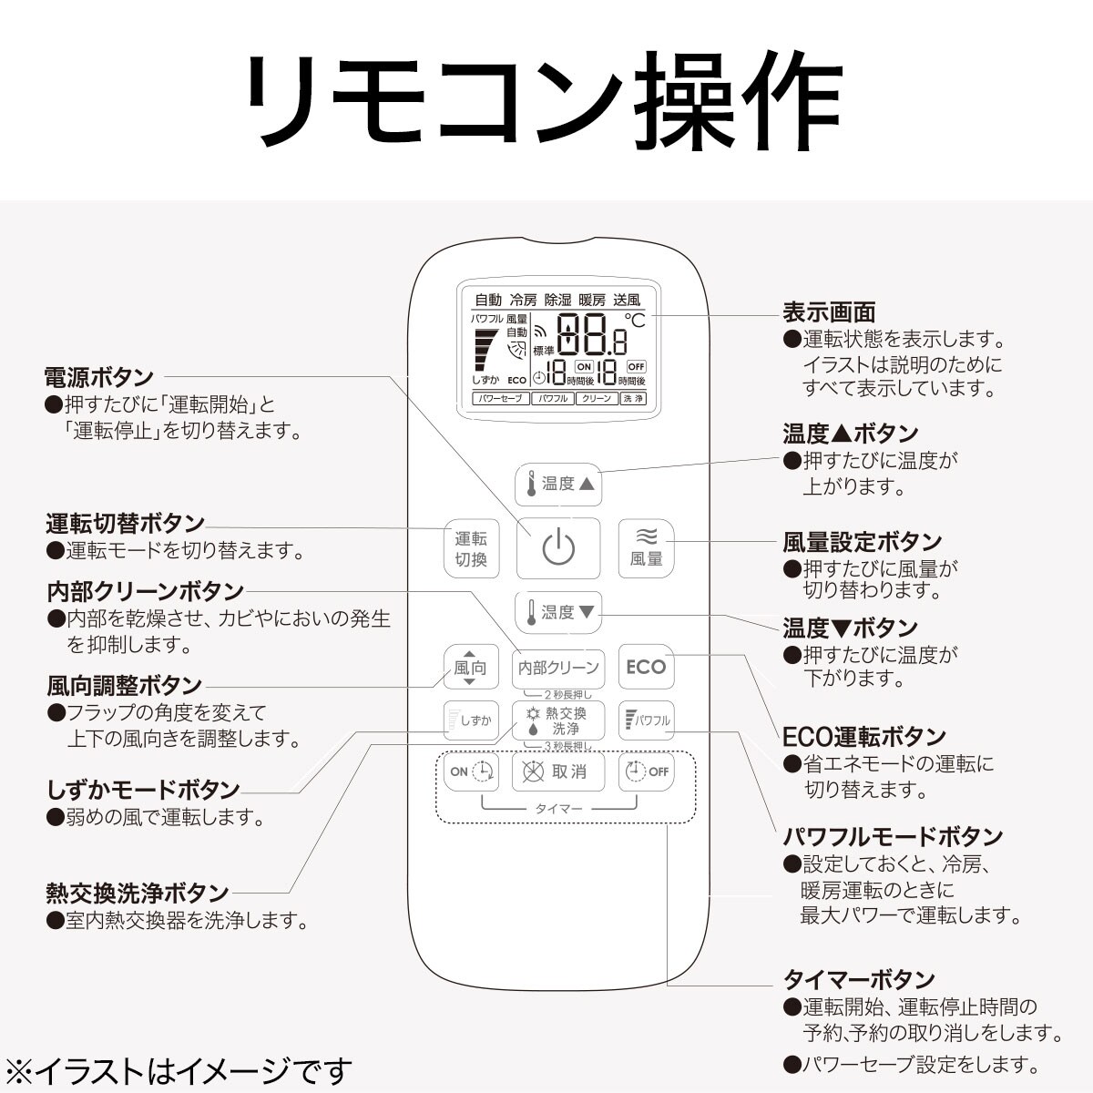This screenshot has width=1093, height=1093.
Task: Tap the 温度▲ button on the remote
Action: (558, 484)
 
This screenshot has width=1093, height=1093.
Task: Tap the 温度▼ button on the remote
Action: (558, 612)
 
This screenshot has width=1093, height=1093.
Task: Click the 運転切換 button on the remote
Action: (471, 548)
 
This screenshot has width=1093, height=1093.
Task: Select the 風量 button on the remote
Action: (646, 548)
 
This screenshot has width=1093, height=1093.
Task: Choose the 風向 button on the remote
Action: (471, 667)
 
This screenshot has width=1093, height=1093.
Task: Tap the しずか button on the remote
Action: (471, 720)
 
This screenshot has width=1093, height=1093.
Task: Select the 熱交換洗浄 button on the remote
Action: (558, 720)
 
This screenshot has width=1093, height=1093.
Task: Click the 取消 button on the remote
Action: (558, 771)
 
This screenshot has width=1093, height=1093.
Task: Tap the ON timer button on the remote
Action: (471, 771)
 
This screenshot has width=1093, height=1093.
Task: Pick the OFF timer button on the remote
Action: (646, 771)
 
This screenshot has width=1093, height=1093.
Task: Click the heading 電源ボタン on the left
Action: (99, 376)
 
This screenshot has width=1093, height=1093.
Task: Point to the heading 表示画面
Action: (829, 312)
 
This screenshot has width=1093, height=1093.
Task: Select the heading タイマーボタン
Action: (859, 995)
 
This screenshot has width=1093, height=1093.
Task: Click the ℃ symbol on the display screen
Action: (635, 321)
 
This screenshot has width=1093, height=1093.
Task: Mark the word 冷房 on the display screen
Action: (523, 300)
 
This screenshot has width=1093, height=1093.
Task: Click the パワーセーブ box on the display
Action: (501, 398)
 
